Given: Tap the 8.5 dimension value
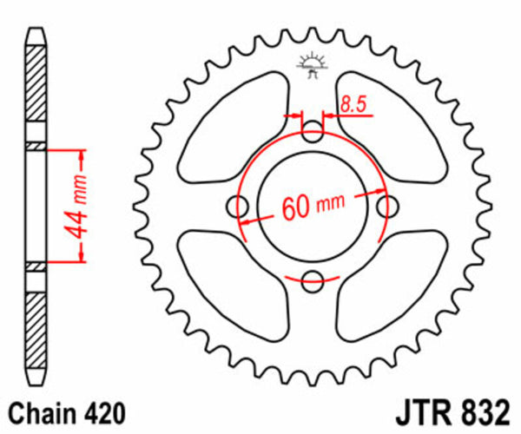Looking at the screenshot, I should click(x=353, y=104).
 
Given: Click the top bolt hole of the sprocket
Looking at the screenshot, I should click(x=313, y=132).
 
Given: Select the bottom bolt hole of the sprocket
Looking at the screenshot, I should click(x=313, y=279).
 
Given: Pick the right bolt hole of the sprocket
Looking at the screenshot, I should click(x=386, y=206).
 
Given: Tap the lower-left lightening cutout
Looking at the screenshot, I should click(x=228, y=285).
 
